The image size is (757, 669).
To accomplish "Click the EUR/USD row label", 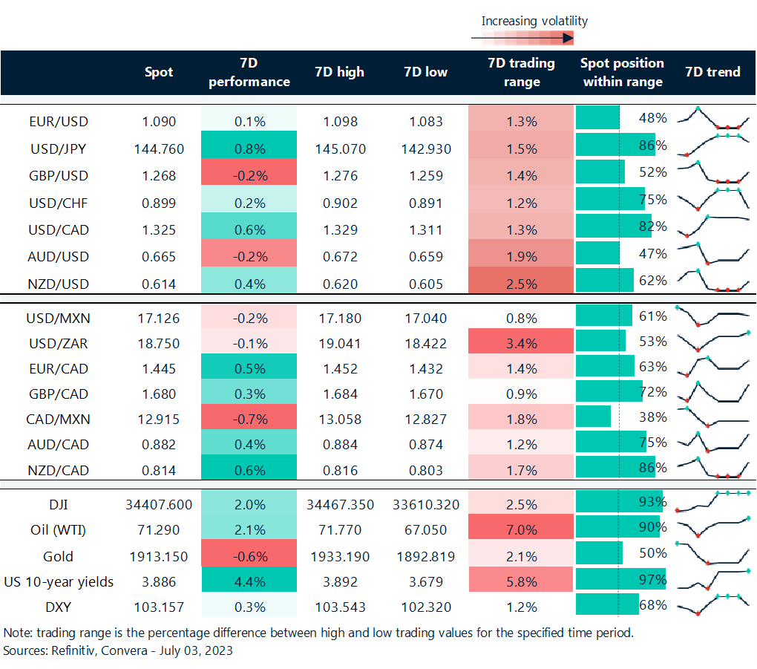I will click(58, 121).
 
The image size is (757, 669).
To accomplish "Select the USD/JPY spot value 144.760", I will click(159, 149).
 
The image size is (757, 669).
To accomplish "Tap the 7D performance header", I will click(249, 72).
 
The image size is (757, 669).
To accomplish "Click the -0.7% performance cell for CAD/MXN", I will click(249, 419).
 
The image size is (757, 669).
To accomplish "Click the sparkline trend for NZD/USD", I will click(713, 281).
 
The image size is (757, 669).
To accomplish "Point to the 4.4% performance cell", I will click(249, 581).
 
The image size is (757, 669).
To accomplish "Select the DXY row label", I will click(58, 607).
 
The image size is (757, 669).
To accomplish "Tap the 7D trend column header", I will click(712, 72).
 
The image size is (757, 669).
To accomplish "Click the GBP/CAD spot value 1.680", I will click(159, 394).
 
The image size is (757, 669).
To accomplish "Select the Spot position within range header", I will click(622, 72).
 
